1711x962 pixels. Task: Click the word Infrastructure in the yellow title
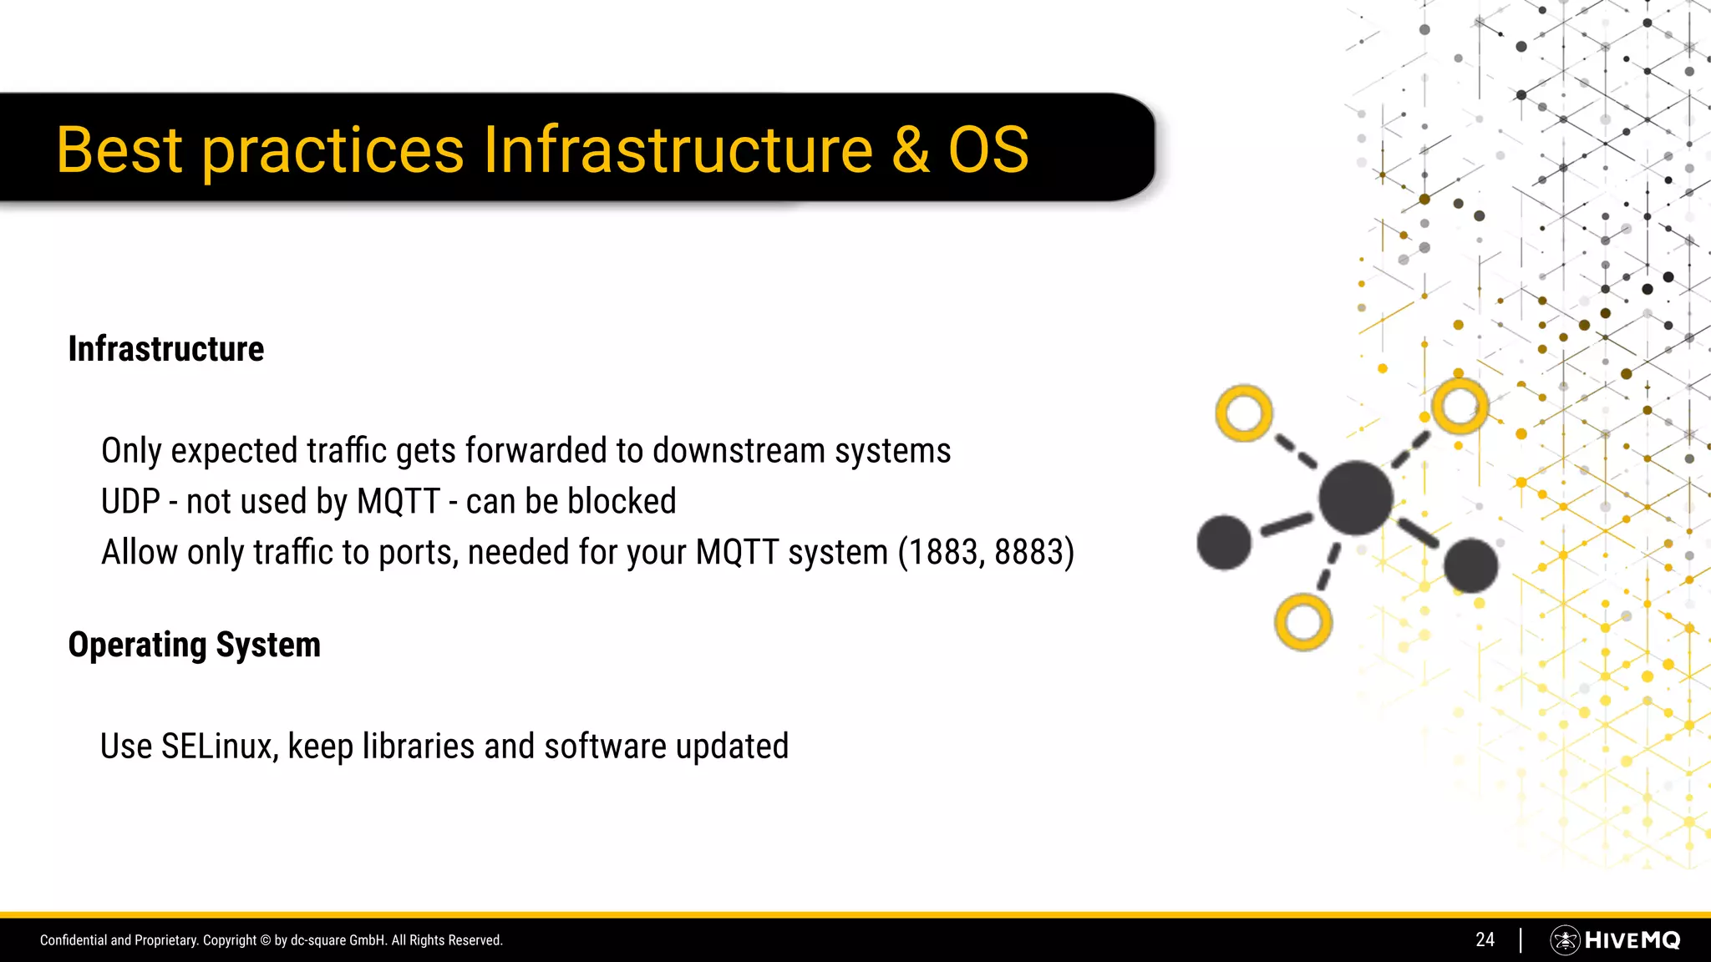(678, 150)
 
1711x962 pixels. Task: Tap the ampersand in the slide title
(911, 150)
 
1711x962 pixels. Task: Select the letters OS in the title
(988, 150)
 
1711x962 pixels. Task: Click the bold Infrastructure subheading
(165, 349)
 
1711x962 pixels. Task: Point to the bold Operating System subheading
(194, 645)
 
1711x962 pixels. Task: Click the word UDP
(130, 502)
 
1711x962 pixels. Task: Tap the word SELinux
(218, 747)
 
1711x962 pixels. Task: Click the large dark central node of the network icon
(1355, 498)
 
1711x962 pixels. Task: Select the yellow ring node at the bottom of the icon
(1302, 622)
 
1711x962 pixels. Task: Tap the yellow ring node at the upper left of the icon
(1244, 413)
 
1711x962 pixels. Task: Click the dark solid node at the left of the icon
(1224, 543)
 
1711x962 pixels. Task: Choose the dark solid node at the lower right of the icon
(1470, 565)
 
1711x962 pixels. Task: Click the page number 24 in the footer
(1485, 940)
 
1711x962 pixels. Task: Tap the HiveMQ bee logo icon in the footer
(1565, 940)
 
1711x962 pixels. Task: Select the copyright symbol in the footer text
(266, 940)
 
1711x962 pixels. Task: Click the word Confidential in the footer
(74, 940)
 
